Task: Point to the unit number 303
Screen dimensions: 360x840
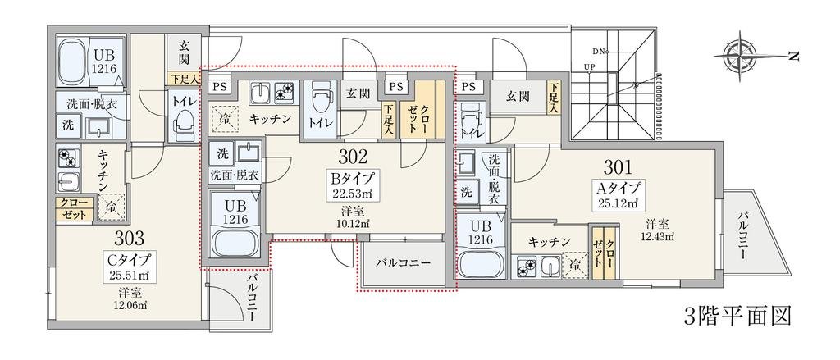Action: [130, 239]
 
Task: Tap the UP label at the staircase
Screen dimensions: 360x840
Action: [589, 67]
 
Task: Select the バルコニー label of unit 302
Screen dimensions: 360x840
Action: [403, 264]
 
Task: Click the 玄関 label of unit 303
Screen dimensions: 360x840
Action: [181, 53]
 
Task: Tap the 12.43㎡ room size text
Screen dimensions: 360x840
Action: [658, 237]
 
